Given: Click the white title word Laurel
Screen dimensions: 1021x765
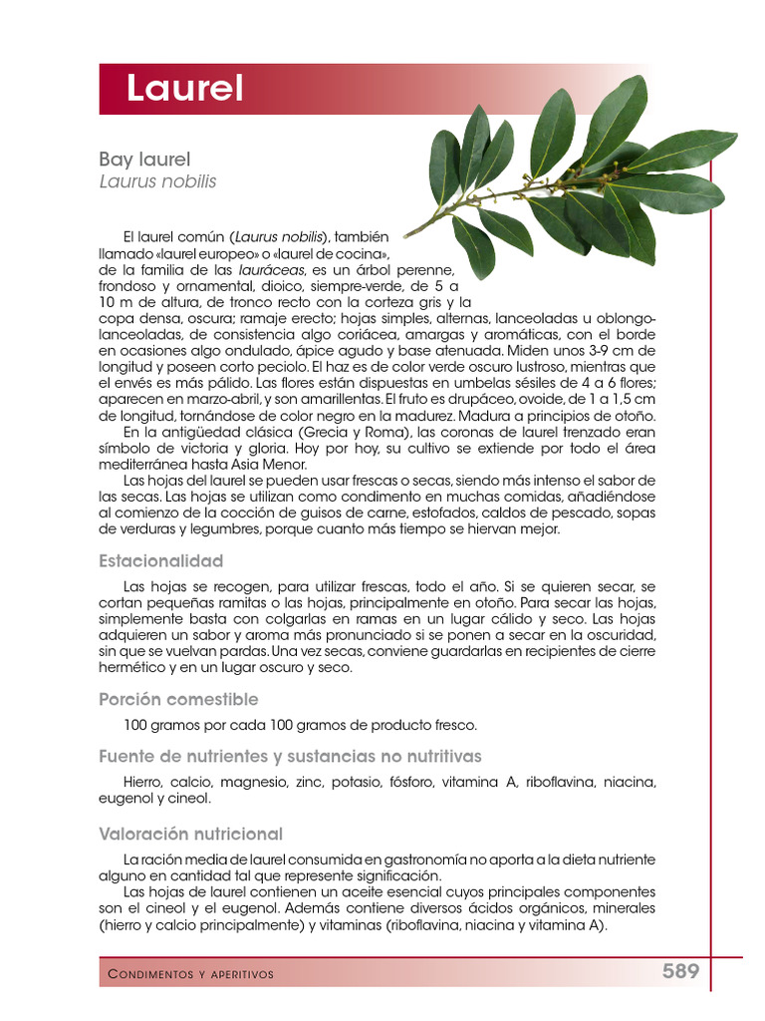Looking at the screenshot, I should pos(184,90).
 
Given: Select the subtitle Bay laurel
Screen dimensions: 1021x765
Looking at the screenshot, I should pos(144,160).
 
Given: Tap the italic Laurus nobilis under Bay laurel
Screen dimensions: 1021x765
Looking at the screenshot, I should pos(157,181).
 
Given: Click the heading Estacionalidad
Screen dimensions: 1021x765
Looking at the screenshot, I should pos(160,561).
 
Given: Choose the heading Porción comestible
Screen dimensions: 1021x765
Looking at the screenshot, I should pos(178,699).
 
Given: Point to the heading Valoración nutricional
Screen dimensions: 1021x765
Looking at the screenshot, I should pos(190,834).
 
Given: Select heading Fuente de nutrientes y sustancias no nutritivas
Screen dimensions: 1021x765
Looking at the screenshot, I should pos(290,756).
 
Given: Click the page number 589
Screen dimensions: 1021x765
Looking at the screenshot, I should pos(681,971).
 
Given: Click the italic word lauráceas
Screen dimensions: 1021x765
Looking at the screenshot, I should pos(272,270).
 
